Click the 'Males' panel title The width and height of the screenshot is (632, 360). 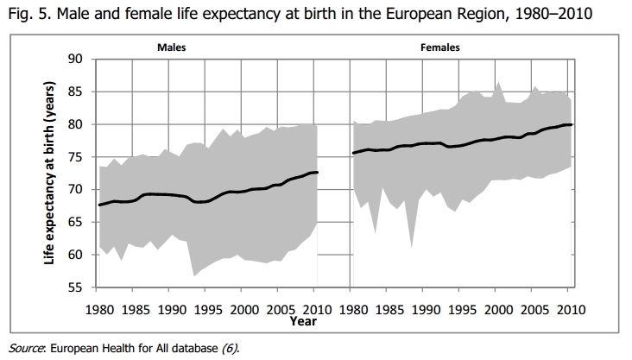(171, 48)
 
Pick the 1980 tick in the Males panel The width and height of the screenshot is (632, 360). (101, 308)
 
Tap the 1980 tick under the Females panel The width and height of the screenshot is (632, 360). (354, 308)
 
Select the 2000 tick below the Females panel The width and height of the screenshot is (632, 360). (497, 308)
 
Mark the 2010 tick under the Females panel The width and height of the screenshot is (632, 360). (569, 308)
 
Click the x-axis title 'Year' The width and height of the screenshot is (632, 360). (327, 321)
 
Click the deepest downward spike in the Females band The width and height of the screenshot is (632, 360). (411, 247)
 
